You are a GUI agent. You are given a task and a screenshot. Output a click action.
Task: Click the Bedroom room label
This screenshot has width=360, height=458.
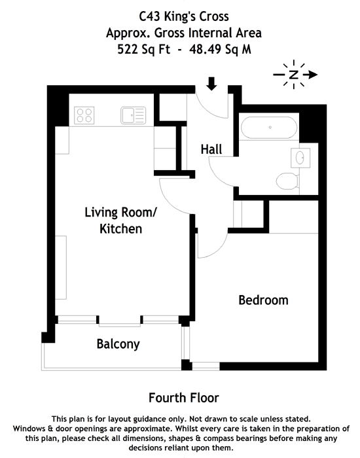[263, 300]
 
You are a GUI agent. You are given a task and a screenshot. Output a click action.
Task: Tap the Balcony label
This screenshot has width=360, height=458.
[118, 344]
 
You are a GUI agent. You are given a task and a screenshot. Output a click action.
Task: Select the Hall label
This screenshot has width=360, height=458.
[211, 149]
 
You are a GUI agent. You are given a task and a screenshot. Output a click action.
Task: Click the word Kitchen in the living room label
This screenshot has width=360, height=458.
[120, 229]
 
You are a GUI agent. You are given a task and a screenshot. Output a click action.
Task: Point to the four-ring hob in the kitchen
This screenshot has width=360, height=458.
[84, 115]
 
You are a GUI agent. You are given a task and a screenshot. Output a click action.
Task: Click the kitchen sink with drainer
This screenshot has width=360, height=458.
[134, 115]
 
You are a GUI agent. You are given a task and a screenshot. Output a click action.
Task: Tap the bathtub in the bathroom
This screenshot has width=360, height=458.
[269, 128]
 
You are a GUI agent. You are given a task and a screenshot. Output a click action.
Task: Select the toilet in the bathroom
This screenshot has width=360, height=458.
[287, 181]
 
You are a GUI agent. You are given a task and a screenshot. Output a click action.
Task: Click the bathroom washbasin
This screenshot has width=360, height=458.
[300, 158]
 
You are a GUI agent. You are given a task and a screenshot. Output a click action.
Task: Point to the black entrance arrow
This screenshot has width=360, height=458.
[211, 84]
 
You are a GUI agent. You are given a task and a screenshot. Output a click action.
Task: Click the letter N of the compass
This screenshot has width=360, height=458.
[294, 75]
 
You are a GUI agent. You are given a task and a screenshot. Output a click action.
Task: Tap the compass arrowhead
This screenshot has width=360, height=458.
[313, 75]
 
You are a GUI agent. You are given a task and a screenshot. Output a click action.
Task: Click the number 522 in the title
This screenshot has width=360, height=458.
[128, 49]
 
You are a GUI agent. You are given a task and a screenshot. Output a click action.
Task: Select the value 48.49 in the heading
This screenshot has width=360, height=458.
[204, 49]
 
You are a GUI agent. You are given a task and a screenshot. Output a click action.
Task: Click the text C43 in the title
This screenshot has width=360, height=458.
[149, 16]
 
